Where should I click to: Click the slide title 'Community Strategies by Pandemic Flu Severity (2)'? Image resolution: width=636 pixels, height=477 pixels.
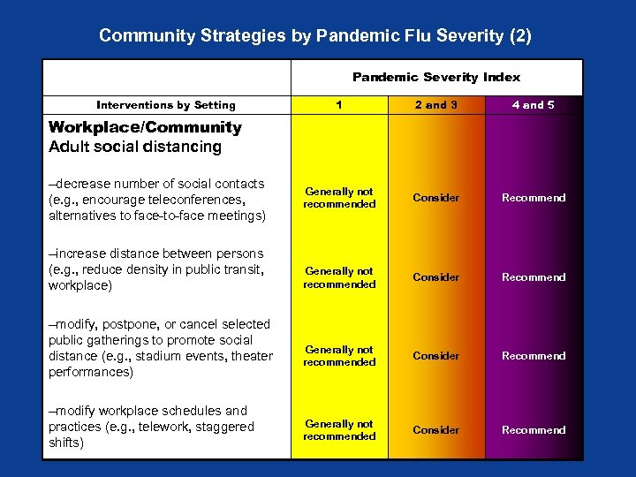coord(315,36)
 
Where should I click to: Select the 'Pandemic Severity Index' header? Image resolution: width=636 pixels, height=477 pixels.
coord(436,77)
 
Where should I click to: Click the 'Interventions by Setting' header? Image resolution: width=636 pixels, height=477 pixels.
coord(166,105)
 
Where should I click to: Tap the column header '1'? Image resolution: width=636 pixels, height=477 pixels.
coord(339,105)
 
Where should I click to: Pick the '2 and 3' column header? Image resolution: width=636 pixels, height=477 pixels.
coord(436,105)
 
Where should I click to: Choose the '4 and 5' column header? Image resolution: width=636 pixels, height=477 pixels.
coord(534,105)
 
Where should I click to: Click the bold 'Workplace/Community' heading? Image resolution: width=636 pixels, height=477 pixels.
coord(145,127)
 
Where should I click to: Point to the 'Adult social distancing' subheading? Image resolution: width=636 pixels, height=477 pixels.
coord(135,147)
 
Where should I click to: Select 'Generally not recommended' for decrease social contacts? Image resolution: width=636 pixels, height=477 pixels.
coord(339,198)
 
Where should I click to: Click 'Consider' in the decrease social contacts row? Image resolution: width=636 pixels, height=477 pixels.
coord(436,198)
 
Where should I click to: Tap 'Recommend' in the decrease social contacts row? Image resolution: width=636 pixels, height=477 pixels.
coord(534,198)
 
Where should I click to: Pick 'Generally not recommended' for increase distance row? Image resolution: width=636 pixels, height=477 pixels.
coord(339,277)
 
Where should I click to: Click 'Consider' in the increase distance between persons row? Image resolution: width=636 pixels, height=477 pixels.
coord(436,277)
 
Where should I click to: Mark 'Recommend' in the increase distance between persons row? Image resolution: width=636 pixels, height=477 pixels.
coord(534,277)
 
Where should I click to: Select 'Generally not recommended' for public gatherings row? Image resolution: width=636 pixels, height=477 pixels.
coord(339,356)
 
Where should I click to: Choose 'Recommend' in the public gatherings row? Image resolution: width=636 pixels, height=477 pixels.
coord(534,356)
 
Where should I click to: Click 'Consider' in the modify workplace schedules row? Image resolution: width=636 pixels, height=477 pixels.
coord(436,430)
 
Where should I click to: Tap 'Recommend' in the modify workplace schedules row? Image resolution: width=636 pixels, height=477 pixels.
coord(534,430)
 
